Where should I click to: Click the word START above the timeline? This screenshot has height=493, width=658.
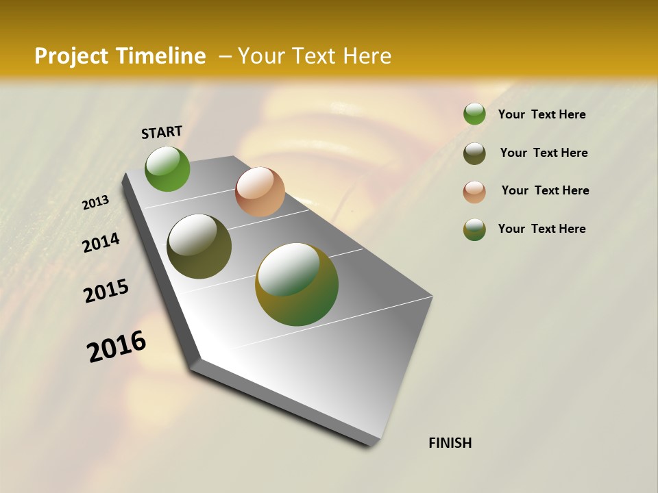(162, 132)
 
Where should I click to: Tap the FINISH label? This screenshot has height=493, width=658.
(450, 443)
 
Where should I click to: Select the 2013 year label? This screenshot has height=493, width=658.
(96, 203)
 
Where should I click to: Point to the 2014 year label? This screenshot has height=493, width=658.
(101, 242)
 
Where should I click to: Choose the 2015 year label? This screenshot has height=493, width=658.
(106, 291)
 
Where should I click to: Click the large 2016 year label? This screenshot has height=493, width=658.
(117, 346)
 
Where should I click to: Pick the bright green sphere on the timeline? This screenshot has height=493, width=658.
(168, 168)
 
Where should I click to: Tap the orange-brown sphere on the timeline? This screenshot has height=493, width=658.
(260, 192)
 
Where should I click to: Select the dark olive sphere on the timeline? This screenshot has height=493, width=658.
(199, 246)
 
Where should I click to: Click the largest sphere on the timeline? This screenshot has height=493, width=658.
(297, 284)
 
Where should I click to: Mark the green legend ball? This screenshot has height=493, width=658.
(474, 114)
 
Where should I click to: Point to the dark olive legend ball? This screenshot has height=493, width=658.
(474, 153)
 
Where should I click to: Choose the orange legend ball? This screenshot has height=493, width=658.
(474, 191)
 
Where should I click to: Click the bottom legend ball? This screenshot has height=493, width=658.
(474, 229)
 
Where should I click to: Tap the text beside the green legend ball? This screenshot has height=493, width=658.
(541, 114)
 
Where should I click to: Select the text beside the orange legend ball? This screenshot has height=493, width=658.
(545, 190)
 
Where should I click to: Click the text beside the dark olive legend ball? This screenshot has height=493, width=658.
(544, 153)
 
